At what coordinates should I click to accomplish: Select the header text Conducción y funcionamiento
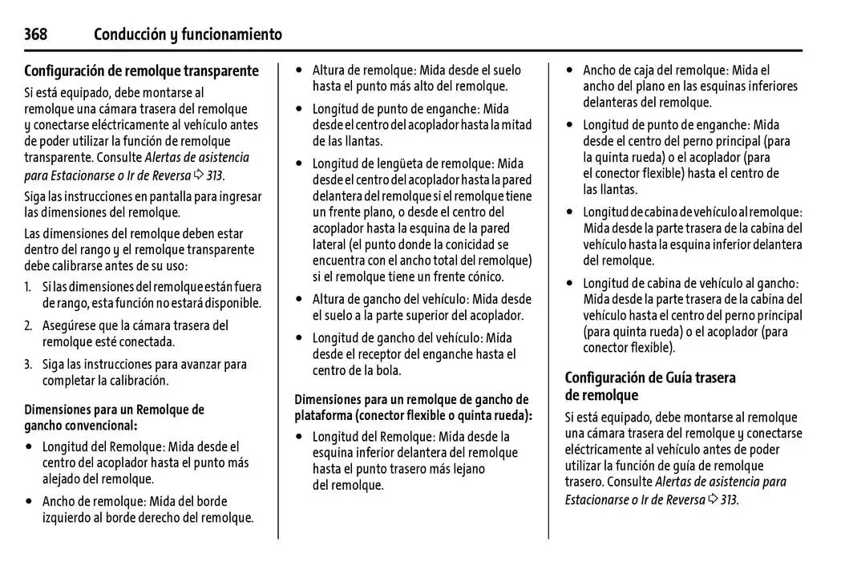(188, 34)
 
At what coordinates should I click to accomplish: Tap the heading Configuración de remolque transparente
(141, 71)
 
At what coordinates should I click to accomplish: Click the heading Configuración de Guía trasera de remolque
(649, 386)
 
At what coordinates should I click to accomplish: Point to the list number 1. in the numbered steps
(28, 287)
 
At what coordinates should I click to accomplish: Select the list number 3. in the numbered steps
(28, 365)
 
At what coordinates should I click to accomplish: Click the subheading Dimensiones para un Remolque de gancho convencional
(114, 418)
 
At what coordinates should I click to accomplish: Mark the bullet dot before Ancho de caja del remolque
(570, 71)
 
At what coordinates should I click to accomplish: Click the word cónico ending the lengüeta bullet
(483, 276)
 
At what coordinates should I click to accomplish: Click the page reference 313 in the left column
(212, 176)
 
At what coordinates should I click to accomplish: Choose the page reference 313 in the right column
(728, 499)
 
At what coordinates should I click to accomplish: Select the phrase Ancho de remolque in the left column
(95, 502)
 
